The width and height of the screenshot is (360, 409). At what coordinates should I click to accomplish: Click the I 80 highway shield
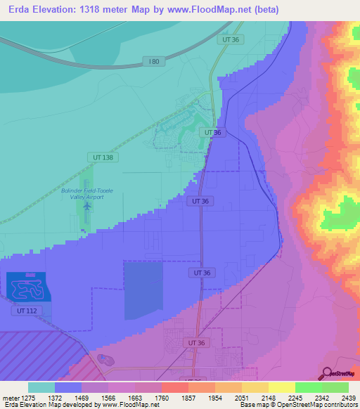click(x=154, y=62)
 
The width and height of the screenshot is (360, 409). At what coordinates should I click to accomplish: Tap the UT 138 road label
click(x=101, y=157)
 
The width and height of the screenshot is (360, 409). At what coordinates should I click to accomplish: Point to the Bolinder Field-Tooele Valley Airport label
click(x=86, y=193)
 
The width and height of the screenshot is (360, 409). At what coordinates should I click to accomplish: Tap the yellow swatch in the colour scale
click(x=281, y=387)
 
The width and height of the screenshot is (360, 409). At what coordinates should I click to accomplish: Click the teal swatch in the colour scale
click(x=41, y=387)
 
